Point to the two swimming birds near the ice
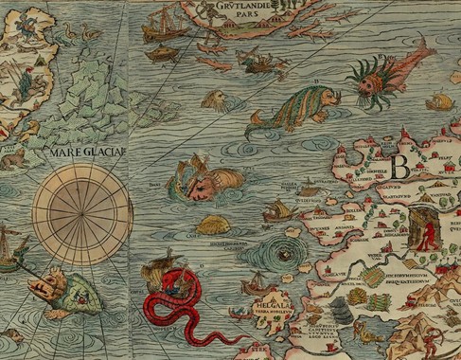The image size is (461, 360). (x=80, y=34)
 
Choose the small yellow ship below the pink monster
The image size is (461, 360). (x=438, y=101)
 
